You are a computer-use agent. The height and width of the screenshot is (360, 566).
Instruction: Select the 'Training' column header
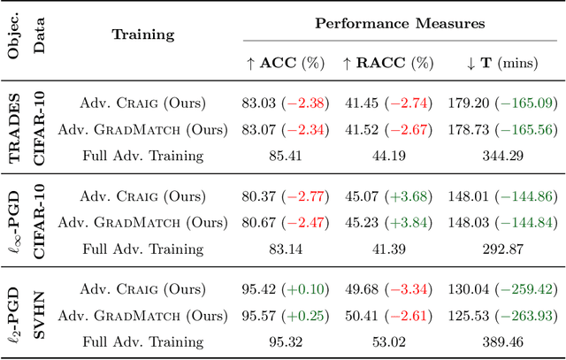(x=143, y=35)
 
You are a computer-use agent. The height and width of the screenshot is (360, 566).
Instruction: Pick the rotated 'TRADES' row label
(x=16, y=129)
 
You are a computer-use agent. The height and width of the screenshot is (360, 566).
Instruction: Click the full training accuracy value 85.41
(x=283, y=157)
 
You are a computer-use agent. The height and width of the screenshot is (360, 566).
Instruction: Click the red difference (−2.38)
(x=305, y=103)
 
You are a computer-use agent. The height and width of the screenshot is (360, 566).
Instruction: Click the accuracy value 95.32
(x=283, y=343)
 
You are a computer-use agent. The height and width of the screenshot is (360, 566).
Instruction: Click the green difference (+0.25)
(x=305, y=316)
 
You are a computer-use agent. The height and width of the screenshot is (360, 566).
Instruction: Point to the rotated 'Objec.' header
(x=16, y=34)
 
